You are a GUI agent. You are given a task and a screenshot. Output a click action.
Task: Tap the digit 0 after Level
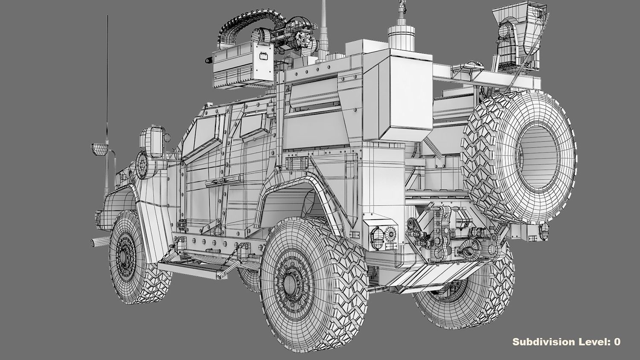[x=617, y=342]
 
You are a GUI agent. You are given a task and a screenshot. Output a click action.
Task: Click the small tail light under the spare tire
[x=544, y=231]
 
